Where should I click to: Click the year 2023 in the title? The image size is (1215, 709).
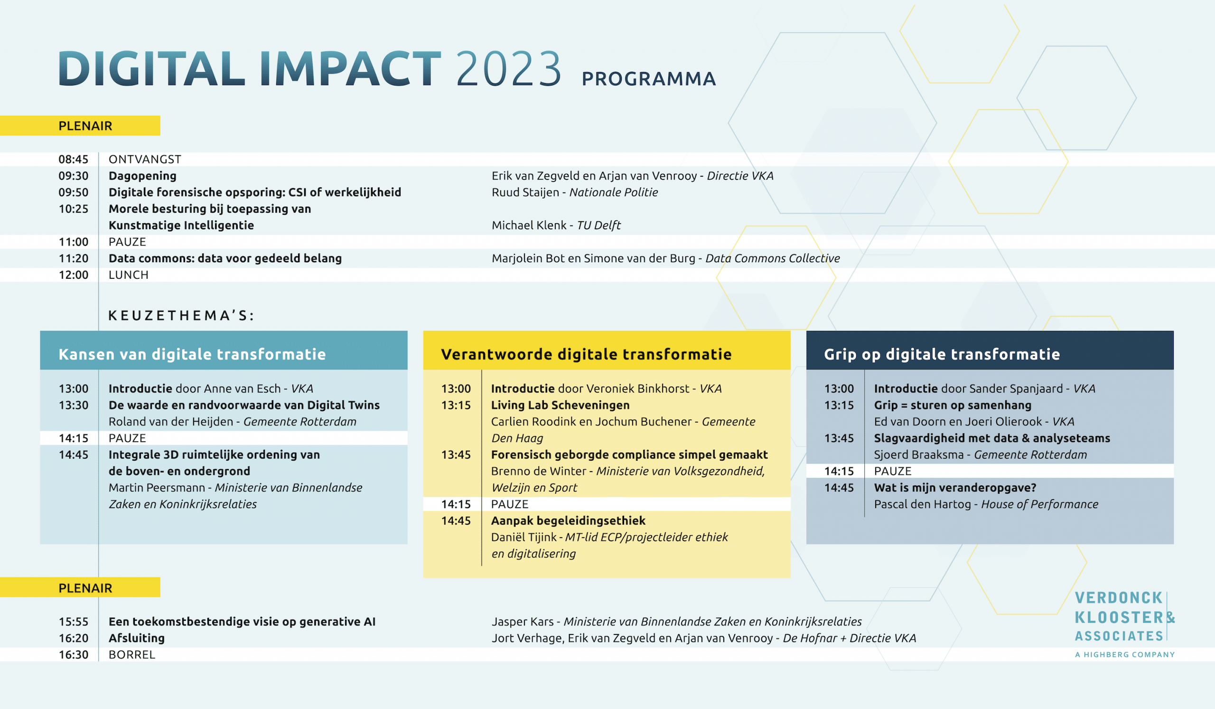[x=509, y=68]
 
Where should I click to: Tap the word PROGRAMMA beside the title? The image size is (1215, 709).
[x=649, y=79]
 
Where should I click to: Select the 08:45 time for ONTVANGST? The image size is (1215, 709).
[x=74, y=159]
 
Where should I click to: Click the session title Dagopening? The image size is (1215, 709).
[x=143, y=176]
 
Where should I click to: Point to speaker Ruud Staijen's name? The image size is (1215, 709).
[x=525, y=192]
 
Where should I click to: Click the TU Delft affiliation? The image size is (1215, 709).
[x=599, y=225]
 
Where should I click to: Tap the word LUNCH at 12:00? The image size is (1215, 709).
[x=129, y=275]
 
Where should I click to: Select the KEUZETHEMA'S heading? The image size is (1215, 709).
[x=181, y=315]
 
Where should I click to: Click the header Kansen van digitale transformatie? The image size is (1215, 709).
[x=192, y=354]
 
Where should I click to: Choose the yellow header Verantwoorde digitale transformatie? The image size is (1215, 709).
[x=586, y=354]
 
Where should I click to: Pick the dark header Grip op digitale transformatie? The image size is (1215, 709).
[x=942, y=354]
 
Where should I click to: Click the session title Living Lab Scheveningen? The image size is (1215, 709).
[x=560, y=405]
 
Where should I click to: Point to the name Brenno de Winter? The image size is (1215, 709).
[x=539, y=471]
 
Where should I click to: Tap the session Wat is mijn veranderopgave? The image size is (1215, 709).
[x=955, y=488]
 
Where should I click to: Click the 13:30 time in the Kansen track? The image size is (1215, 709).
[x=74, y=405]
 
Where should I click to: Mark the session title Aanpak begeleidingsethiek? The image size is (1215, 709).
[x=569, y=521]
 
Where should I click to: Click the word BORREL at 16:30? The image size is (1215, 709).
[x=132, y=654]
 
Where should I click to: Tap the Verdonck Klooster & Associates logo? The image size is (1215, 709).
[x=1125, y=624]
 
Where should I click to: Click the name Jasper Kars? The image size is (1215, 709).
[x=523, y=622]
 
